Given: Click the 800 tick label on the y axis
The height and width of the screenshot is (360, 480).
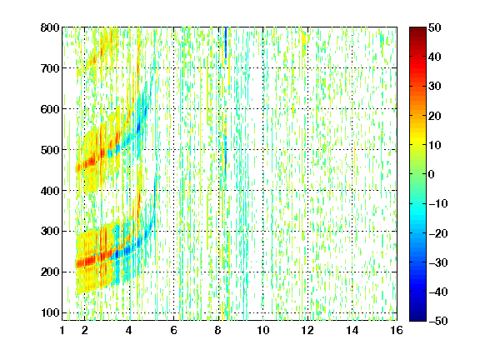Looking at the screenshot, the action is [x=50, y=27].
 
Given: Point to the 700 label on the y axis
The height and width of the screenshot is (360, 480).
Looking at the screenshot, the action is [x=50, y=68].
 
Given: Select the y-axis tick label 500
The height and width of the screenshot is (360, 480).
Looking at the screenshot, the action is [x=50, y=150].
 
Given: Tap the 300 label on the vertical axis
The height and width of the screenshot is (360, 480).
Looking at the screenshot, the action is [x=50, y=232].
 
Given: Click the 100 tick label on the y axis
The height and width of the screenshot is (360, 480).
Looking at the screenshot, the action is [x=50, y=312].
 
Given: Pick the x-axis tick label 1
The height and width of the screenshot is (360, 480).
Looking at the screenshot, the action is [x=62, y=330].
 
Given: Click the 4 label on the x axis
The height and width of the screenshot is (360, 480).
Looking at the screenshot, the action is [x=129, y=330].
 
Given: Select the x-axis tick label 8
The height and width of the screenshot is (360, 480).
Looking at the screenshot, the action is [x=218, y=330].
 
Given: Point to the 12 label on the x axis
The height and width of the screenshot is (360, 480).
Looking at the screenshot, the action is [x=307, y=330].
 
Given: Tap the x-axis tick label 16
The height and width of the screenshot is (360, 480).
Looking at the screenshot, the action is [x=397, y=330].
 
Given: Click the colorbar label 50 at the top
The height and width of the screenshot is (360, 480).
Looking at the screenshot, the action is [x=435, y=27].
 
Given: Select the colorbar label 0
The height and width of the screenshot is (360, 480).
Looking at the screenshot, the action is [x=432, y=174].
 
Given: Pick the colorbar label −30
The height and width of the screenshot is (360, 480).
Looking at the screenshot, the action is [x=438, y=262].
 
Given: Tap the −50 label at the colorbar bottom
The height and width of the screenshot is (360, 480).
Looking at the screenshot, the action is [x=438, y=321].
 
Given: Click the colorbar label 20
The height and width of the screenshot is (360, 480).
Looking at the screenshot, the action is [x=435, y=116].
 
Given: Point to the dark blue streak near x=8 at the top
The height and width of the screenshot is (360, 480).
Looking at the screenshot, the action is [x=226, y=42].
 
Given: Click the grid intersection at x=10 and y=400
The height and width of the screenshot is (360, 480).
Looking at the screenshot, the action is [x=263, y=190].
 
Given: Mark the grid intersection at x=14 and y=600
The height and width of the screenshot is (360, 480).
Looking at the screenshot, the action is [x=352, y=109].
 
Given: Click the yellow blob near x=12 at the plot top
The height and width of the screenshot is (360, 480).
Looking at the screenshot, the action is [x=303, y=40].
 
